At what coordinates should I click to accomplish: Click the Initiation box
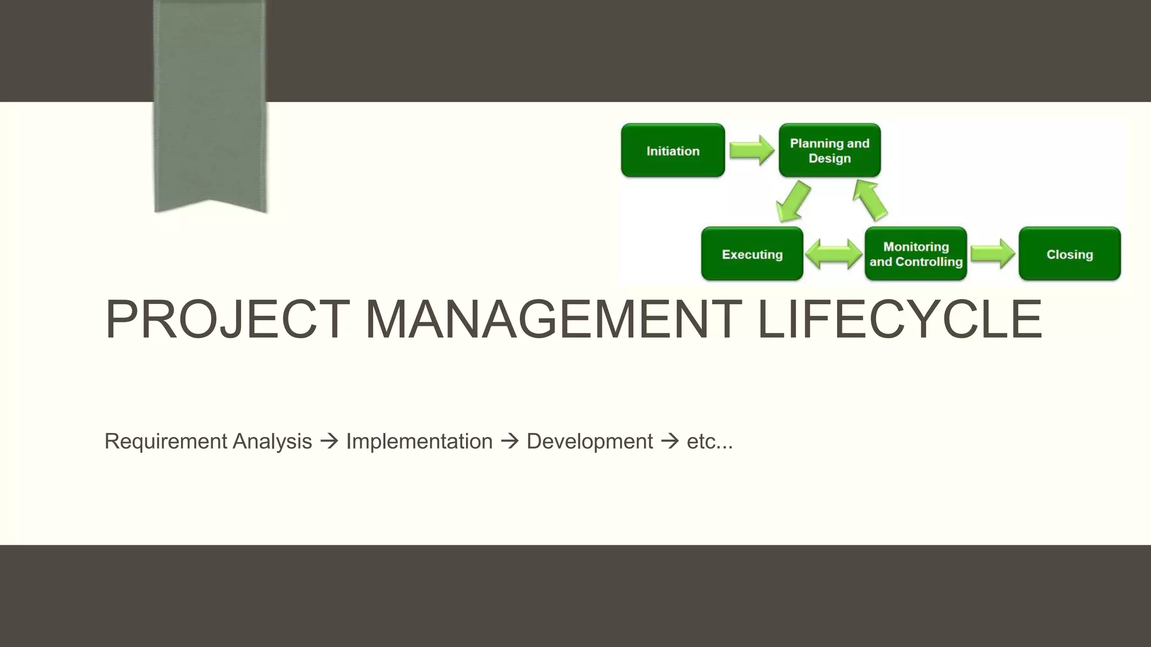click(x=673, y=151)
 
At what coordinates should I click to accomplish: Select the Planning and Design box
click(x=830, y=151)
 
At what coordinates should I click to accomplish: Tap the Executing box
click(x=752, y=254)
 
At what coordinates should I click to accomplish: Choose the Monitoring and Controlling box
click(x=916, y=254)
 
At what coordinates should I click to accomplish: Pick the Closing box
click(x=1070, y=254)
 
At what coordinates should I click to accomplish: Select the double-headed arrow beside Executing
click(x=833, y=254)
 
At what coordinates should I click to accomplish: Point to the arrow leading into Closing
click(x=993, y=254)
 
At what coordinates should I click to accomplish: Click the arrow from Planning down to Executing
click(x=793, y=202)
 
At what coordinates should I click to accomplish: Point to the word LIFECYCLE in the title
click(x=900, y=320)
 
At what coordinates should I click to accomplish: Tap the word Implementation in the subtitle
click(x=419, y=441)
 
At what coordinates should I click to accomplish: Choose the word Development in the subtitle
click(x=590, y=441)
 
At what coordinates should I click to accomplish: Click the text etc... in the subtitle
click(x=710, y=441)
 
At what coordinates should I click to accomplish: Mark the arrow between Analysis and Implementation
click(x=329, y=441)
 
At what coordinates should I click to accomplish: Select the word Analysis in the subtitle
click(x=272, y=441)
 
